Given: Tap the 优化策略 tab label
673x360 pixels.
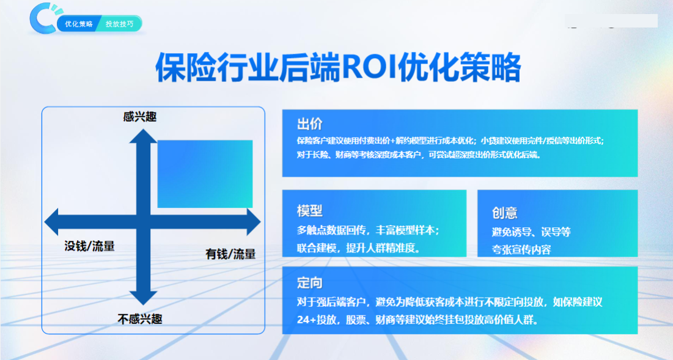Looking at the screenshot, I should click(x=79, y=24).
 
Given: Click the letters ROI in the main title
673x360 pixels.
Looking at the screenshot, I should click(x=367, y=67).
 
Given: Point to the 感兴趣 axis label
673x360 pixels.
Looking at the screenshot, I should click(x=139, y=116).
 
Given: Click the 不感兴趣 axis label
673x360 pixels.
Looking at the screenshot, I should click(x=140, y=318).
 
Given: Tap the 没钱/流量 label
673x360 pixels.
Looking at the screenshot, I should click(x=90, y=246).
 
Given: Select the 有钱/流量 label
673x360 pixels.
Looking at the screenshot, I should click(x=230, y=254).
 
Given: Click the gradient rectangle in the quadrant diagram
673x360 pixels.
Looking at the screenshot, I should click(x=205, y=174).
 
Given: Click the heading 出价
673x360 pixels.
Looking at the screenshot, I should click(x=309, y=124).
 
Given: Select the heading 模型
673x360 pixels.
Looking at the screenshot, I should click(x=309, y=211).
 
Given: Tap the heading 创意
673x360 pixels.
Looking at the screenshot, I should click(x=504, y=213).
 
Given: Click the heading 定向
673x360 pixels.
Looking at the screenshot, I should click(x=309, y=283).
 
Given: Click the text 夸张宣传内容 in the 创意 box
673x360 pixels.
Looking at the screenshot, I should click(x=521, y=249).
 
